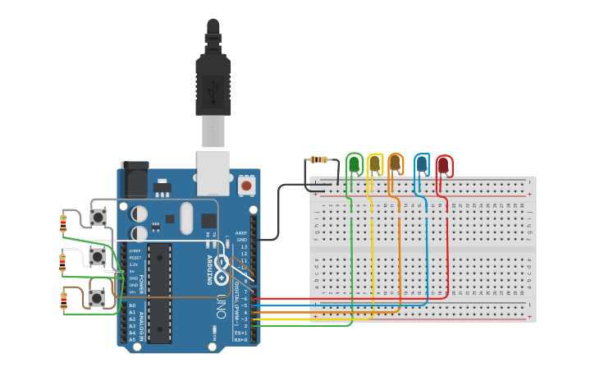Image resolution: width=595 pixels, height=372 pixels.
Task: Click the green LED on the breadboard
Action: (x=355, y=164)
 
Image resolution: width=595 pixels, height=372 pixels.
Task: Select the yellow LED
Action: (x=375, y=164)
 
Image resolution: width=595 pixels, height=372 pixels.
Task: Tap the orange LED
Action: (x=396, y=164)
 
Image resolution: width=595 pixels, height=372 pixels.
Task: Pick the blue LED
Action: (x=422, y=164)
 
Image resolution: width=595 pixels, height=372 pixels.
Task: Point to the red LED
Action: (x=443, y=166)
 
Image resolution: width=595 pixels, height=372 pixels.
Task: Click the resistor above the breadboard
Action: (x=318, y=160)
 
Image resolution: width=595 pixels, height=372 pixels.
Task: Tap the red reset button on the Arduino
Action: (x=246, y=186)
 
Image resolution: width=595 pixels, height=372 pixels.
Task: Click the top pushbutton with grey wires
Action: (x=98, y=218)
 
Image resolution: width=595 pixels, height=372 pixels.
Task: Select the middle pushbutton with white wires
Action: (x=97, y=257)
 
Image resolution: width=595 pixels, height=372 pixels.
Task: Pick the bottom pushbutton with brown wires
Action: (x=97, y=297)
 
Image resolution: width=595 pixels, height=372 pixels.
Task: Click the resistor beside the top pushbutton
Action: (x=64, y=222)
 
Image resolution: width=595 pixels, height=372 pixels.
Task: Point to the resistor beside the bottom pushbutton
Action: (x=64, y=300)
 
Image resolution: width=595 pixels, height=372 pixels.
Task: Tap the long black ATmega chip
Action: (x=160, y=292)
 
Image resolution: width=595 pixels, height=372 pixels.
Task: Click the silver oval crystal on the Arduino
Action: (x=186, y=218)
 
